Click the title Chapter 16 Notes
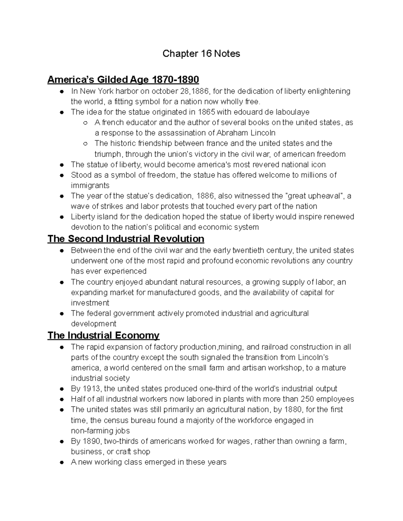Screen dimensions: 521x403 pos(201,54)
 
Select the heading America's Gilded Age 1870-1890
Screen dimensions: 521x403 pos(123,80)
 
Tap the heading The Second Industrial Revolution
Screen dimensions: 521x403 pos(126,239)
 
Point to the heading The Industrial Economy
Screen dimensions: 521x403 pos(103,335)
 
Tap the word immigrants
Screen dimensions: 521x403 pos(90,186)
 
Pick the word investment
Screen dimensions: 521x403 pos(90,303)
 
